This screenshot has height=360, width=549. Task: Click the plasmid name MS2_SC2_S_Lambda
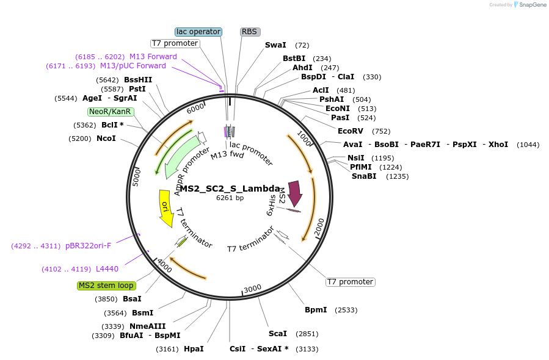230,189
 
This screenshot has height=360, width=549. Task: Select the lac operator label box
198,32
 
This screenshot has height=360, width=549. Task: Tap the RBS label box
249,32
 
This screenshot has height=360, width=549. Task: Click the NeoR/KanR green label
110,112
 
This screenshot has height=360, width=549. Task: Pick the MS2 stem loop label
106,286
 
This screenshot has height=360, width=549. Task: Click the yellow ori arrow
165,207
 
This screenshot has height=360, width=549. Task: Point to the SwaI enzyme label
275,45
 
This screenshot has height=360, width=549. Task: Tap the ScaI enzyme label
278,334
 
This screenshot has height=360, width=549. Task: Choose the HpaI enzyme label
194,349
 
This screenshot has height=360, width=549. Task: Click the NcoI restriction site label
106,139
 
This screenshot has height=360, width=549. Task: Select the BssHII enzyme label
138,80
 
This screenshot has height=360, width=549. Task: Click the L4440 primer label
107,269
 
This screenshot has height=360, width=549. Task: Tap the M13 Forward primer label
153,57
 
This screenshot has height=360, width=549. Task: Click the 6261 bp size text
230,198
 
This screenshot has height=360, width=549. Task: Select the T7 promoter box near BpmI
350,282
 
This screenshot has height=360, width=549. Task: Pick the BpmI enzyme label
316,310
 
